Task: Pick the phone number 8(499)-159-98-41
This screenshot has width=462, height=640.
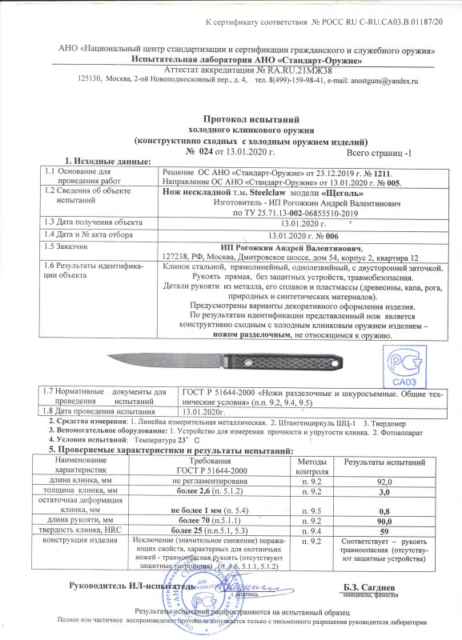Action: pyautogui.click(x=287, y=81)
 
